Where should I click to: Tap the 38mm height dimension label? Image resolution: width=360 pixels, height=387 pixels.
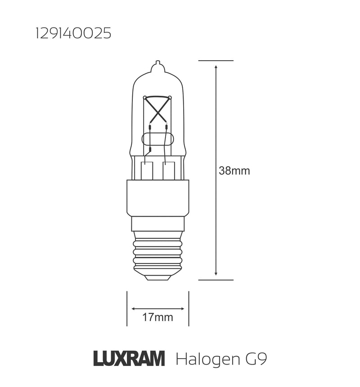click(234, 171)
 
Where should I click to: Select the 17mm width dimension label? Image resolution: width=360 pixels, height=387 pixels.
click(157, 318)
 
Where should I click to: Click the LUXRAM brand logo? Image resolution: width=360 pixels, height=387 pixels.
click(129, 359)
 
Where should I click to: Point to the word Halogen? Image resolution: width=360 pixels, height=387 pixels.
click(207, 360)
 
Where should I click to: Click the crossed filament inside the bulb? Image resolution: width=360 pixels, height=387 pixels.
click(157, 108)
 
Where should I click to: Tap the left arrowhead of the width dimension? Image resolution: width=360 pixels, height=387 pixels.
click(134, 309)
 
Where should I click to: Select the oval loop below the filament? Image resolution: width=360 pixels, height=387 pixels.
click(157, 139)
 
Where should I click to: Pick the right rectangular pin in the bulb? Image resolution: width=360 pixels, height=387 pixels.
click(168, 170)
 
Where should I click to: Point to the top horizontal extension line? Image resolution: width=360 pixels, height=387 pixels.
click(216, 60)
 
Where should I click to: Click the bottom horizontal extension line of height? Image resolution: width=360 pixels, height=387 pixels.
click(216, 280)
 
